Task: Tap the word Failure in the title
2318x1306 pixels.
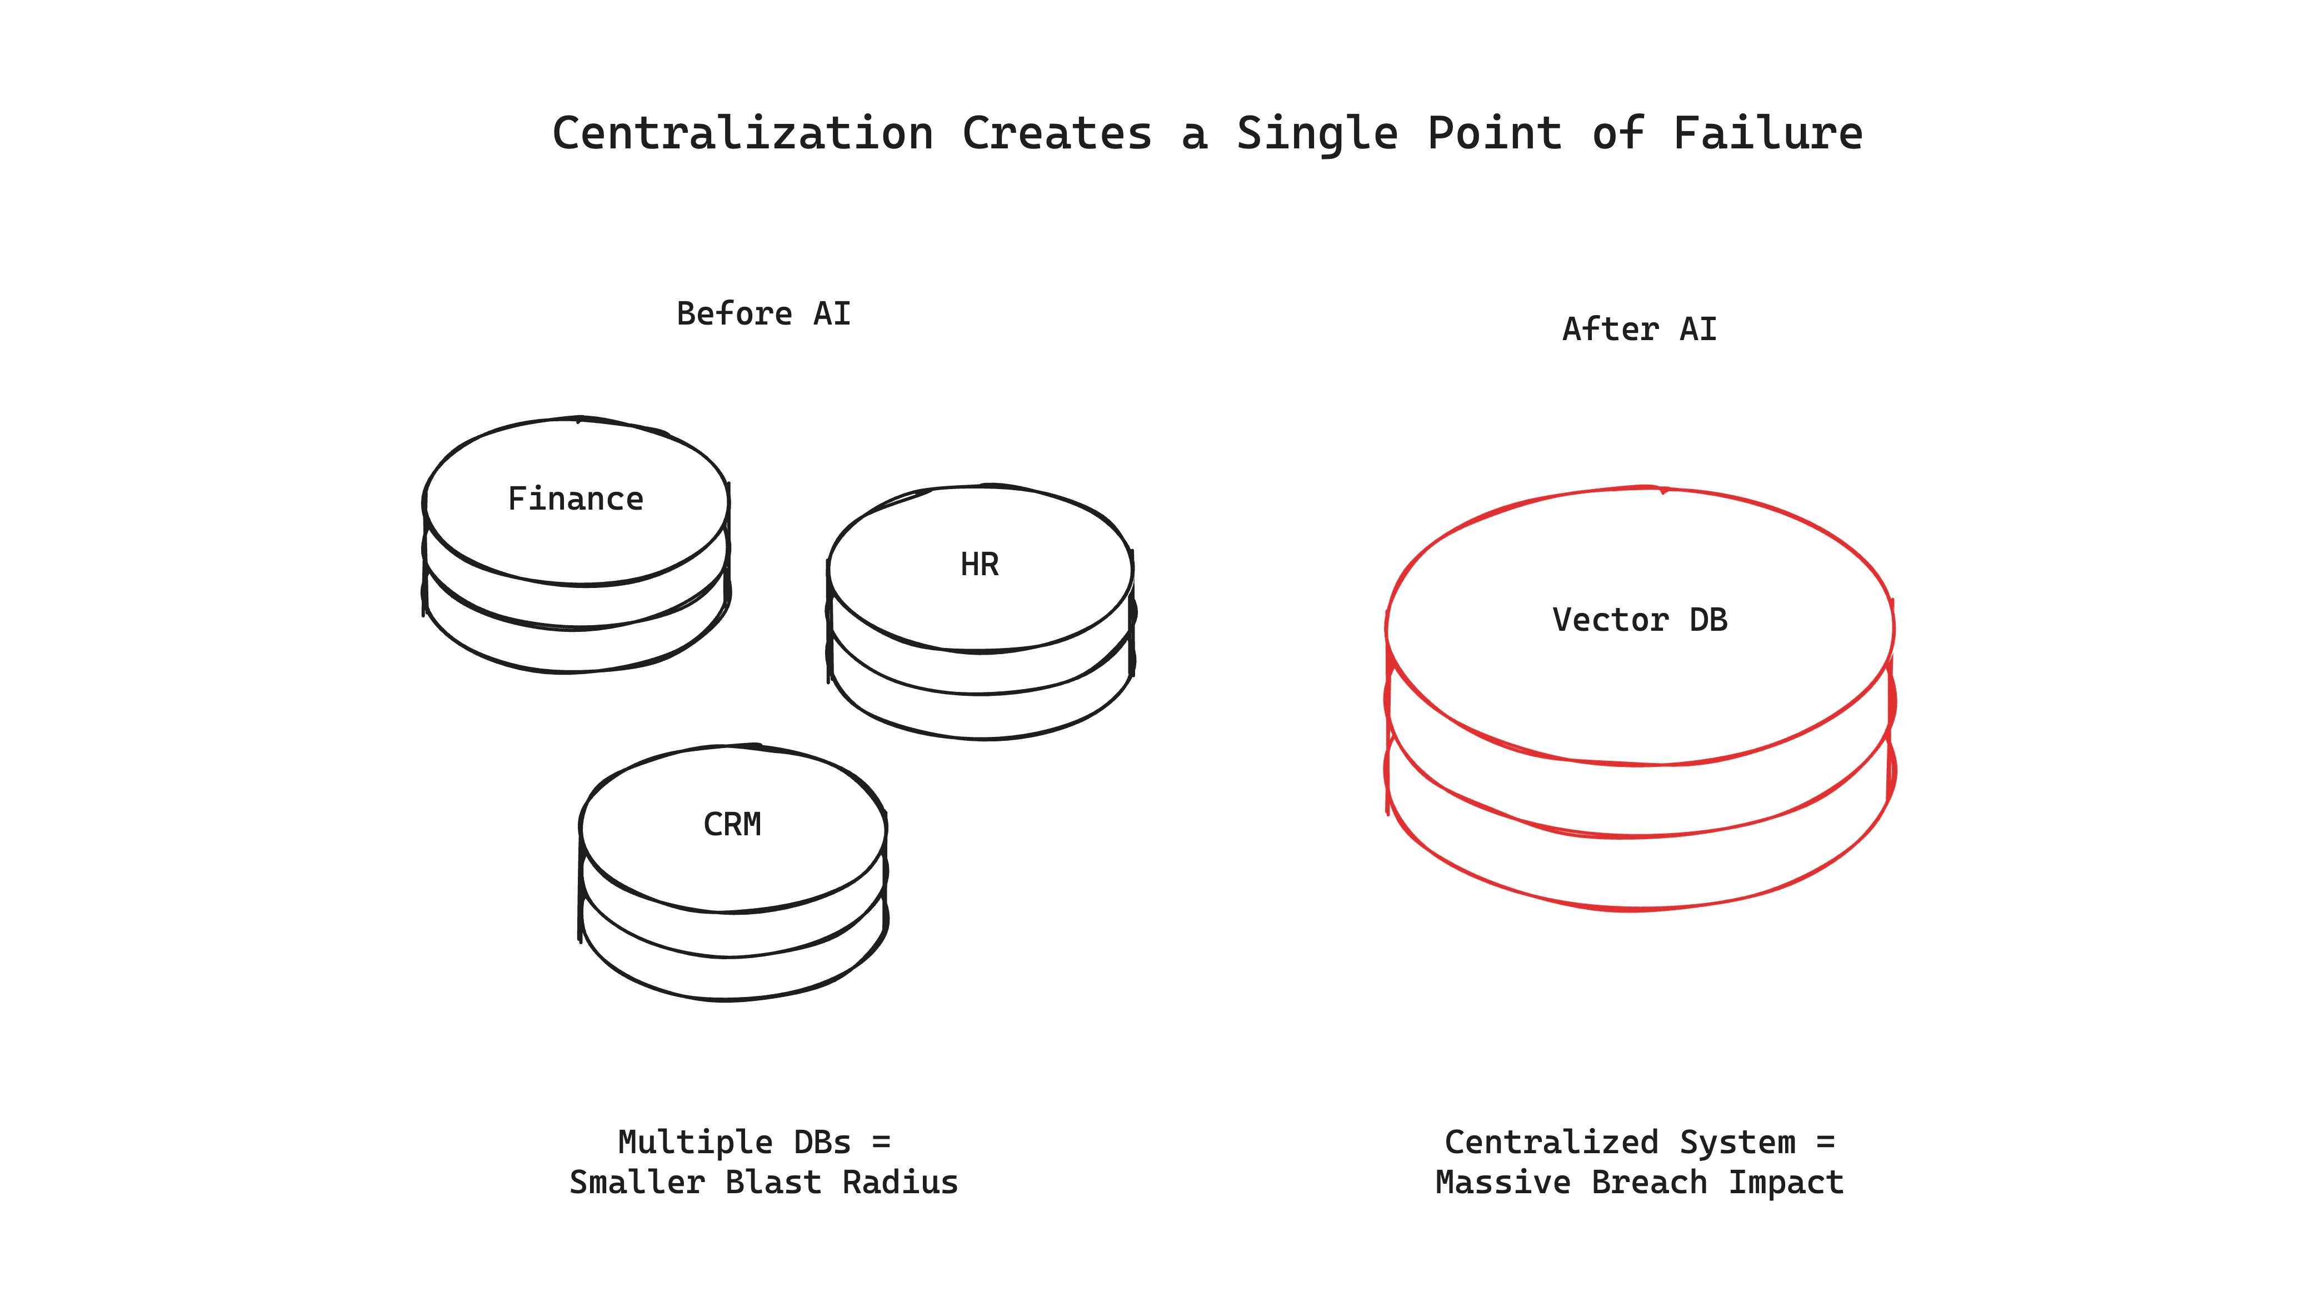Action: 1767,133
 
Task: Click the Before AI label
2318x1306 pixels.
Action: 763,314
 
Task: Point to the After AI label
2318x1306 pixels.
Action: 1640,330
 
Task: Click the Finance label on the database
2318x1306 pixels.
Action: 576,499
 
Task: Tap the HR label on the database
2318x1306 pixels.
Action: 979,564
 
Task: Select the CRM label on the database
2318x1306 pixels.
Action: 732,825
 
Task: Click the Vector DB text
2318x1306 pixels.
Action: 1640,620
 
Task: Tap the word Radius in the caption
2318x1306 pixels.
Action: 900,1182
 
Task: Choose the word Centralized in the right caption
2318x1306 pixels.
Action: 1551,1142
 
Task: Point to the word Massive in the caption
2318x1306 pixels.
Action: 1503,1182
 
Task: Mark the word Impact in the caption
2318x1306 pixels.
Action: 1786,1182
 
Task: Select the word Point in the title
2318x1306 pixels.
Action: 1495,133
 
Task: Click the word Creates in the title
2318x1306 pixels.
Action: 1057,133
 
